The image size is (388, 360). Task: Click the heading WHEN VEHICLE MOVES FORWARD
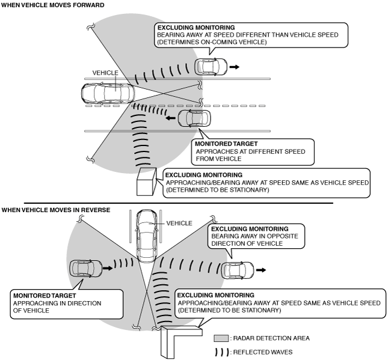[53, 5]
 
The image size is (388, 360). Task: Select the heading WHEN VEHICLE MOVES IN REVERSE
[56, 210]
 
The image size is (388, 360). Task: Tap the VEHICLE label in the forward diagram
[105, 73]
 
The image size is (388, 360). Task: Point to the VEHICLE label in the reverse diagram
[179, 223]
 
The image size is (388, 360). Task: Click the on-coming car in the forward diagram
[211, 67]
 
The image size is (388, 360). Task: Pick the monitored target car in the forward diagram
[194, 118]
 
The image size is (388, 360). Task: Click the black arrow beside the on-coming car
[235, 67]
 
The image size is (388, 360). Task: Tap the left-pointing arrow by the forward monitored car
[170, 118]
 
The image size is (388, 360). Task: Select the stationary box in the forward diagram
[147, 182]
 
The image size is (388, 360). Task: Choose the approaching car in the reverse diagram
[86, 268]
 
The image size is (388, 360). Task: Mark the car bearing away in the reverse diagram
[238, 270]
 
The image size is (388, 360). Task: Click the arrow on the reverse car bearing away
[261, 270]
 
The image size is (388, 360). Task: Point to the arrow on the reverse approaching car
[108, 268]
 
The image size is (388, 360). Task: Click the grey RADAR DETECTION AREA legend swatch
[221, 338]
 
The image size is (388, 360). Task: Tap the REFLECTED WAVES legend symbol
[222, 352]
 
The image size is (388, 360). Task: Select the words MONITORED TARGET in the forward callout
[226, 144]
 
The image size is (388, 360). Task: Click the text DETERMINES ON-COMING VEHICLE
[212, 42]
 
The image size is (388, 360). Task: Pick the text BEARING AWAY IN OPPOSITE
[254, 236]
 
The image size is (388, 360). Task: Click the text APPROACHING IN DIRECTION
[57, 304]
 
